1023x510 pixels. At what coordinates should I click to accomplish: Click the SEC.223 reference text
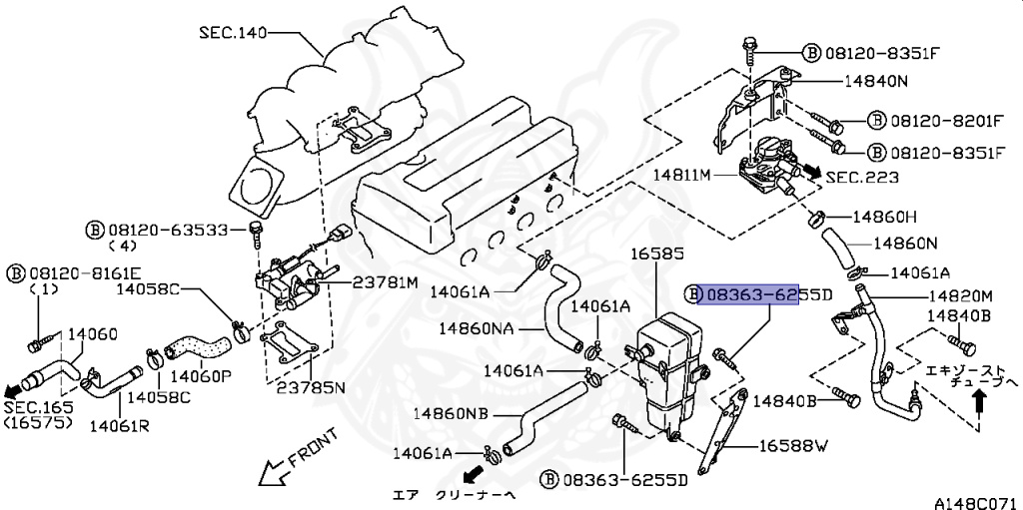point(862,177)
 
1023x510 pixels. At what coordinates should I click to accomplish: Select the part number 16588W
point(793,446)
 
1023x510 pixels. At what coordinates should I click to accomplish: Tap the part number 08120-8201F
point(947,122)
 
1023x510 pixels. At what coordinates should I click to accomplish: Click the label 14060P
point(200,376)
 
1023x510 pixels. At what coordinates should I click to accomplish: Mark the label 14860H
point(884,216)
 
